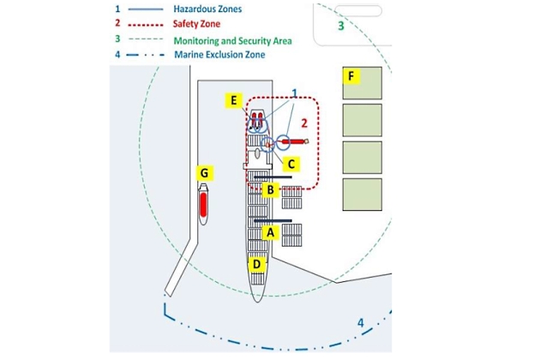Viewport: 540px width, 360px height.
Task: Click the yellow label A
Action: pyautogui.click(x=271, y=231)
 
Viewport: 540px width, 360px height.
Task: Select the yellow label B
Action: pyautogui.click(x=270, y=189)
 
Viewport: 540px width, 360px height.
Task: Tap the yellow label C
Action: pyautogui.click(x=291, y=163)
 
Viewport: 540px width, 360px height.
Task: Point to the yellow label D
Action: pyautogui.click(x=256, y=265)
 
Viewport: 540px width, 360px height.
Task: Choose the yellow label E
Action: pyautogui.click(x=232, y=100)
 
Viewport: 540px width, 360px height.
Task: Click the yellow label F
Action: pyautogui.click(x=350, y=76)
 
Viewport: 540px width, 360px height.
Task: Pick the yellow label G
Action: pyautogui.click(x=203, y=173)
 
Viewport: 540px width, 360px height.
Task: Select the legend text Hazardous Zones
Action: pyautogui.click(x=207, y=9)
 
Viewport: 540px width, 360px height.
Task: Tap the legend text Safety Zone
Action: pyautogui.click(x=197, y=24)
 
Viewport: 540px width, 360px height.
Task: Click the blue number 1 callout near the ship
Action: pyautogui.click(x=294, y=92)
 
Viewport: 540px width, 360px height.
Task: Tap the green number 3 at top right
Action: pyautogui.click(x=340, y=26)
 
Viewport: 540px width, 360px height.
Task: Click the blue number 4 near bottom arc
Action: pyautogui.click(x=361, y=323)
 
